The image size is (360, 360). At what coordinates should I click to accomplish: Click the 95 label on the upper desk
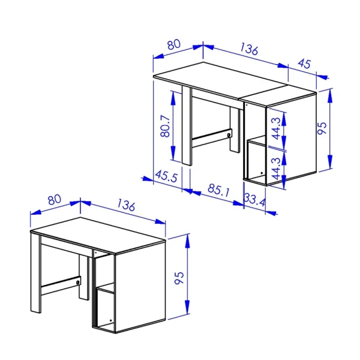point(322,128)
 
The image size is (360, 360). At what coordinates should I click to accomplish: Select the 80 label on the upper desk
point(174,45)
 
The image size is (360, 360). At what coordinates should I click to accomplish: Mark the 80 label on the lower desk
point(54,199)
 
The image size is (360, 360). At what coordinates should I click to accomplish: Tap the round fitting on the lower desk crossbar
point(78,281)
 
